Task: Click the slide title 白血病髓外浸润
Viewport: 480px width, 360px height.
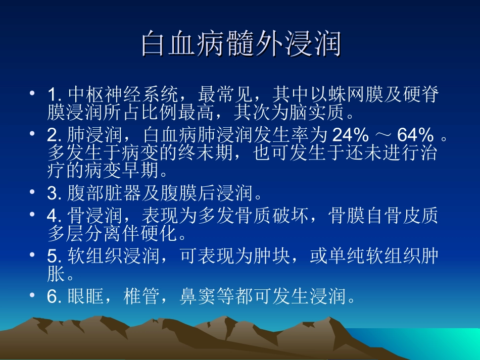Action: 241,44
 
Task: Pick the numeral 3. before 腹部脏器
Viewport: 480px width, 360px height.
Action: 54,192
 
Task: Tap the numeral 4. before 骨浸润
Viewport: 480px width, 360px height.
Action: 54,216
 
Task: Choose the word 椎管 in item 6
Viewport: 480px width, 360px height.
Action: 142,296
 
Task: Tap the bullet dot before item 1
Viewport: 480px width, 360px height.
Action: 32,93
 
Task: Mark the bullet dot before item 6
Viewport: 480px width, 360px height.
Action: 32,295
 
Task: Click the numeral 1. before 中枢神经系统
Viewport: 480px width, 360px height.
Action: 54,94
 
